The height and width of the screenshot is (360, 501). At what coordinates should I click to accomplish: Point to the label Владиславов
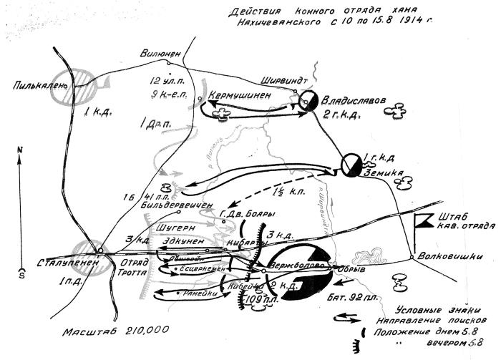pos(351,100)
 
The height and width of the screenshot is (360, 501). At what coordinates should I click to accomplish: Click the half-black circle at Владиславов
pos(309,102)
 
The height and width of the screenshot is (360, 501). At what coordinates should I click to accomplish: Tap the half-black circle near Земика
pos(351,164)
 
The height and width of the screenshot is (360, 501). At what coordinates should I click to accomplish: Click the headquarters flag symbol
pos(424,218)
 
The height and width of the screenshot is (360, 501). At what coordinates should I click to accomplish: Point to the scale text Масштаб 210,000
pos(117,331)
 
